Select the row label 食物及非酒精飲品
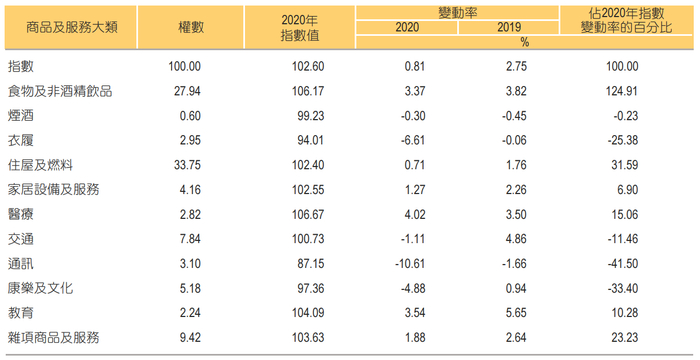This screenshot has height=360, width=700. tap(59, 90)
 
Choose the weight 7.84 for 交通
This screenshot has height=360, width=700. tap(188, 238)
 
